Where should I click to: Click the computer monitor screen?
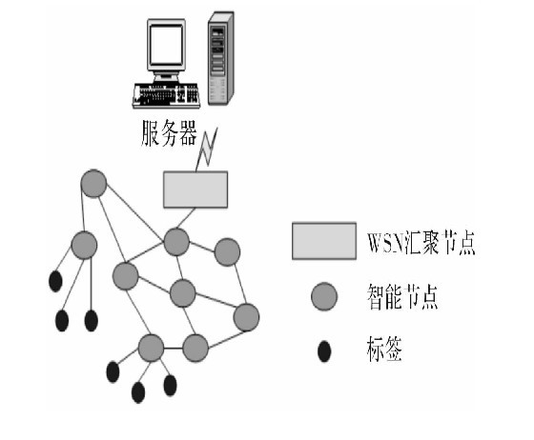pyautogui.click(x=165, y=50)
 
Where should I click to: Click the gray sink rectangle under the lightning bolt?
pyautogui.click(x=195, y=190)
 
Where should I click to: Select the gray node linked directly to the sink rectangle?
pyautogui.click(x=175, y=241)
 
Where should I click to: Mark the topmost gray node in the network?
pyautogui.click(x=93, y=183)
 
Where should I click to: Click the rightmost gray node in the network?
pyautogui.click(x=246, y=317)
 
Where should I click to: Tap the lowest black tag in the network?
pyautogui.click(x=138, y=391)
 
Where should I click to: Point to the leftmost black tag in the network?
pyautogui.click(x=54, y=282)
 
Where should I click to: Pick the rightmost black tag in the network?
pyautogui.click(x=171, y=385)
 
